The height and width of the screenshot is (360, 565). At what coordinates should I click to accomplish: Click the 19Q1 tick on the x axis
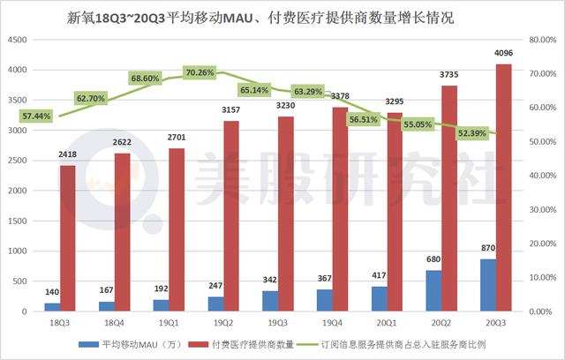pos(173,324)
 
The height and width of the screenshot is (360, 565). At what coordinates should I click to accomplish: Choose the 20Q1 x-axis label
pos(388,324)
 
